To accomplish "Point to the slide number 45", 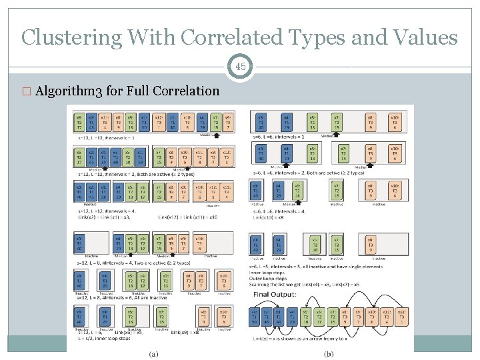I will coord(241,67).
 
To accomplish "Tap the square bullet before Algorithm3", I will coord(25,91).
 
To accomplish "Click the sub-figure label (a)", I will coord(153,353).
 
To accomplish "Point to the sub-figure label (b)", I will coord(328,353).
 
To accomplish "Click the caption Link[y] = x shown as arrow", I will coord(297,339).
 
